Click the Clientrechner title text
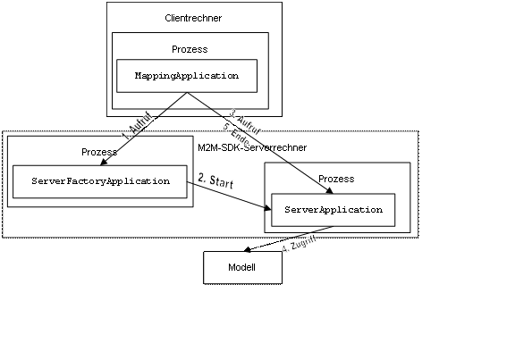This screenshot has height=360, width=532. coord(194,18)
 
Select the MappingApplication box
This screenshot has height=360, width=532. coord(186,76)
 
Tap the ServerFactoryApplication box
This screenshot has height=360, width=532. coord(100,181)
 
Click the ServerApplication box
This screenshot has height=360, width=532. coord(333,209)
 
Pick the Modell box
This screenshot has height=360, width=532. coord(242,267)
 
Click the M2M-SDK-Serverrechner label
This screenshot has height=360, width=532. coord(252,147)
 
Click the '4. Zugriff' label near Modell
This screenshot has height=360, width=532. coord(297,245)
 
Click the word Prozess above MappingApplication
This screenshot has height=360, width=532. coord(190,49)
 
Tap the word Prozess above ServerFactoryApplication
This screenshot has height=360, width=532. coord(98,152)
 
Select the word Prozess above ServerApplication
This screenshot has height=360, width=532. coord(336,179)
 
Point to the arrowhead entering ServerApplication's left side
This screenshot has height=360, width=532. coord(267,208)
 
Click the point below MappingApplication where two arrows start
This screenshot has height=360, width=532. coord(186,92)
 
